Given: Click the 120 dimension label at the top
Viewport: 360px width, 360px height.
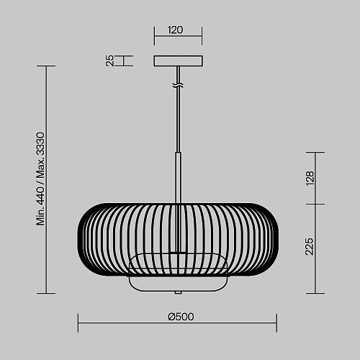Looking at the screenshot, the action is coord(175,30).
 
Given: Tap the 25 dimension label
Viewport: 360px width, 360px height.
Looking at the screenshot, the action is coord(109,60).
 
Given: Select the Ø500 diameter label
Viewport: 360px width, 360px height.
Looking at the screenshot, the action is coord(181,317).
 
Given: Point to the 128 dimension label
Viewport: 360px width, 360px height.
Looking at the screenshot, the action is coord(310,178).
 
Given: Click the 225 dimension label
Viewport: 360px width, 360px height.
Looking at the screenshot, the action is coord(309,246).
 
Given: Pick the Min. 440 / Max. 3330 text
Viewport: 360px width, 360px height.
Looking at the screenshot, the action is coord(40,179).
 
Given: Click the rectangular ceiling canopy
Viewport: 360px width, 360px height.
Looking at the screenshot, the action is coord(179,60).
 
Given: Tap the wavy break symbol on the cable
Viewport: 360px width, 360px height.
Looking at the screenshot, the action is coord(178,85).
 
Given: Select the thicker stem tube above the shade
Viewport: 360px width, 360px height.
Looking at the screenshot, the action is coord(178,178).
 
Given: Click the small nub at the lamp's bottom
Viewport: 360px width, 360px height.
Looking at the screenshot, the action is coord(178,293).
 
